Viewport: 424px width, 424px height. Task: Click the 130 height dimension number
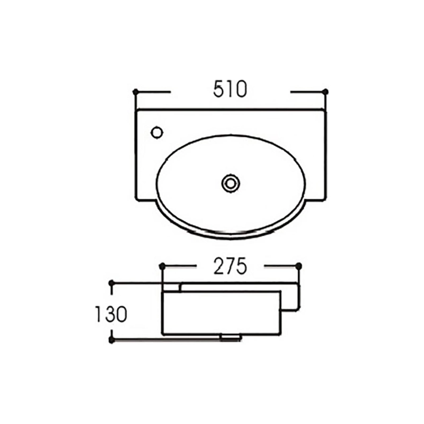coord(111,314)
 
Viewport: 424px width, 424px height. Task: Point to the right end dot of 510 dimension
coord(325,91)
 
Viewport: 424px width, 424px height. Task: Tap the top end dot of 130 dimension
coord(111,284)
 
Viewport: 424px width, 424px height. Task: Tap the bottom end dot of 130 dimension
coord(111,339)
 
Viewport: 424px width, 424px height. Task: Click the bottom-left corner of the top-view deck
coord(137,200)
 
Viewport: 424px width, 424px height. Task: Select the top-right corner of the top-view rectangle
coord(325,109)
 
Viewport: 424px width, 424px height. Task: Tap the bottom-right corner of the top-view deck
coord(325,200)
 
